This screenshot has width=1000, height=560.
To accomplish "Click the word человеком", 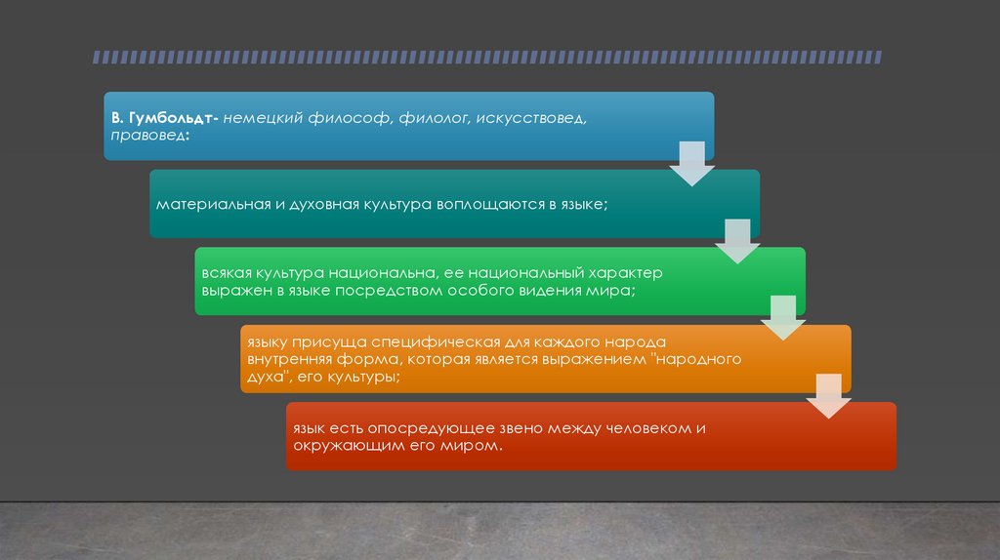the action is pyautogui.click(x=649, y=428).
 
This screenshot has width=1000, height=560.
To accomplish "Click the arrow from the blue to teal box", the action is pyautogui.click(x=691, y=162).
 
